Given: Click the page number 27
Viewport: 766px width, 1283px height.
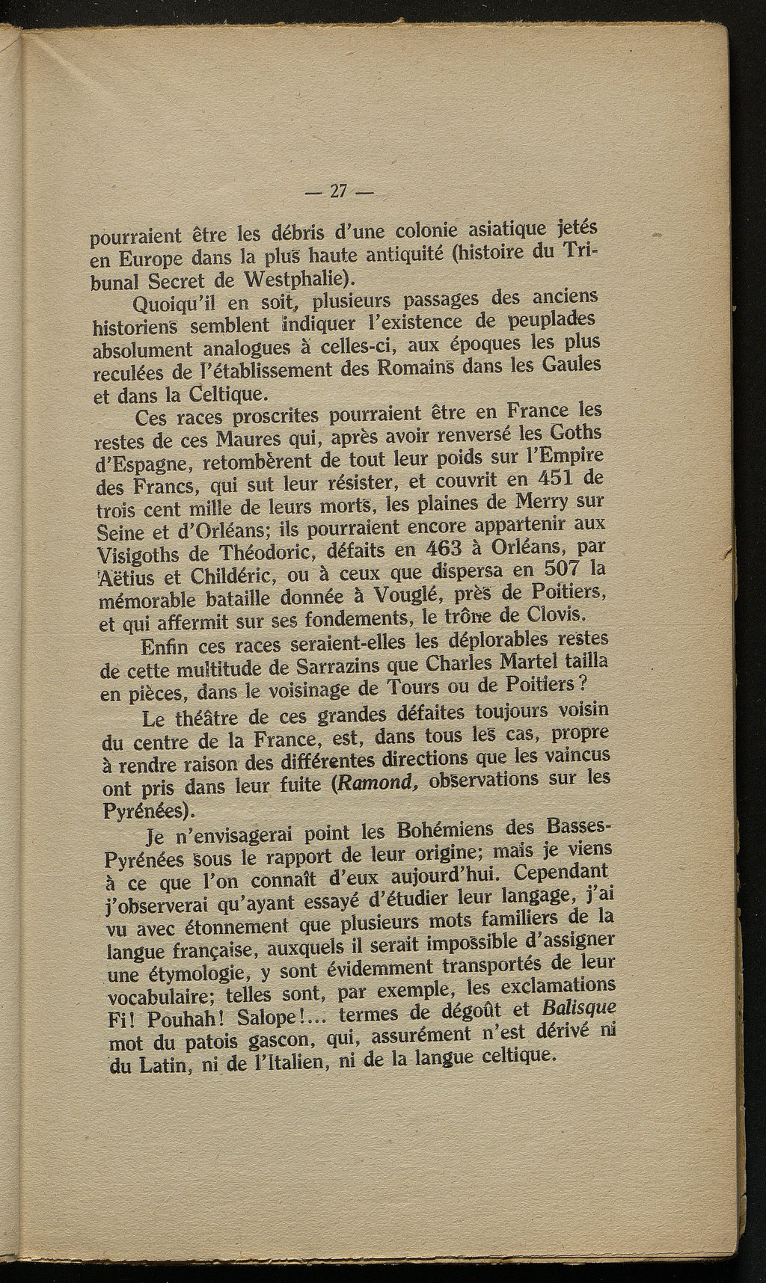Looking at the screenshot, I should click(x=337, y=191).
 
